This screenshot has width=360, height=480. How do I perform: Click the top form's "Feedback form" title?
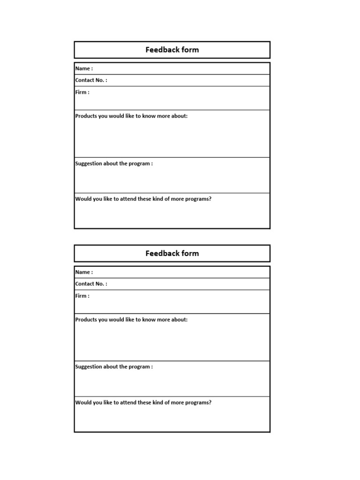coord(172,50)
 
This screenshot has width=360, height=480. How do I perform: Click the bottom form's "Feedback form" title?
coord(172,253)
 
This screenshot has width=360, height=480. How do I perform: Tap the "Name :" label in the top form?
coord(84,68)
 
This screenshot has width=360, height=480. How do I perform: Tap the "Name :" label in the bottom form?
coord(84,272)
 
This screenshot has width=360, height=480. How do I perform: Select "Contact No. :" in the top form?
coord(91,80)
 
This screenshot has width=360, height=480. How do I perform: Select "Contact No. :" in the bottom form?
coord(91,284)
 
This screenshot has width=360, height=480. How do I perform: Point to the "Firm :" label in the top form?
coord(82,92)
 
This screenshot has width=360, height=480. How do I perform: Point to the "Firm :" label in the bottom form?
coord(82,296)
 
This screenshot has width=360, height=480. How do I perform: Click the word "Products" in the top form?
coord(86,116)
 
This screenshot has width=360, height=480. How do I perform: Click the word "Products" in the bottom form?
coord(86,320)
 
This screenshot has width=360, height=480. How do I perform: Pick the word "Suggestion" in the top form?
coord(89,164)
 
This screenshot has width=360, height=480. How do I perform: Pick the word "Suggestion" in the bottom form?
coord(89,367)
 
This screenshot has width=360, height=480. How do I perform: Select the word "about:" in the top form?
coord(180,116)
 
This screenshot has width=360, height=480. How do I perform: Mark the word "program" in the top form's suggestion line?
coord(139,164)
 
